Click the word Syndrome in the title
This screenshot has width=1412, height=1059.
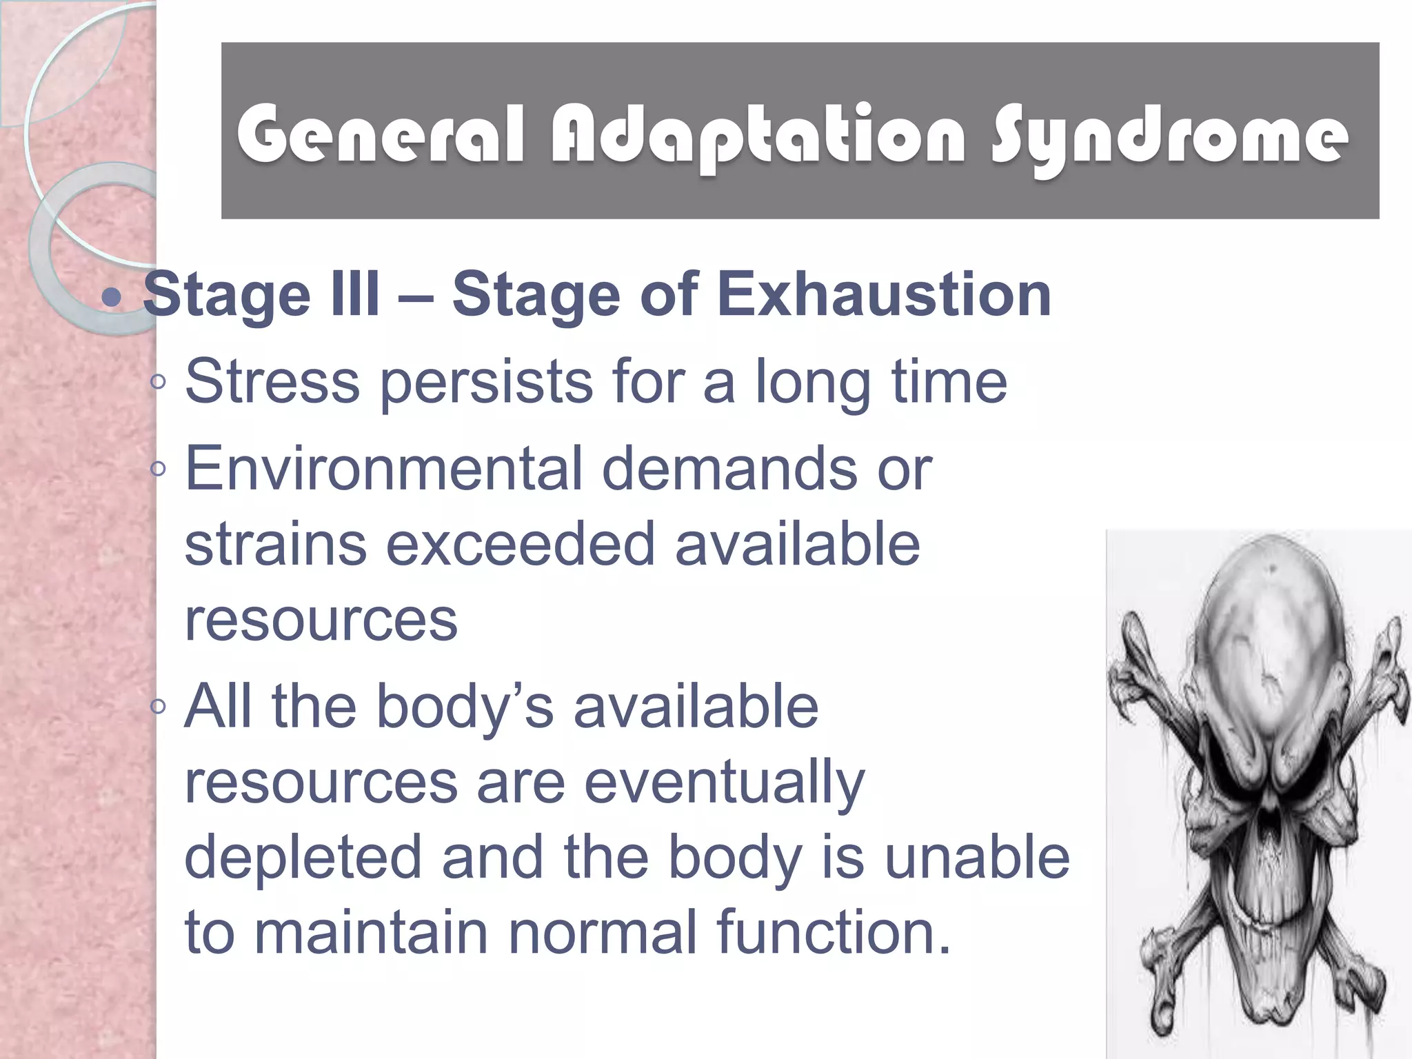(x=1169, y=138)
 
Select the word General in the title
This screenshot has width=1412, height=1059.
(x=381, y=134)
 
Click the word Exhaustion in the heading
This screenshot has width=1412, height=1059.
(x=884, y=294)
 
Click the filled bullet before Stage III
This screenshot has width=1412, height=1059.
(x=111, y=298)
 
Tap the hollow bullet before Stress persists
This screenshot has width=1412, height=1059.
(x=158, y=381)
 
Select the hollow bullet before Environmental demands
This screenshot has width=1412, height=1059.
(x=158, y=469)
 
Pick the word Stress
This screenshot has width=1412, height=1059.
(x=272, y=381)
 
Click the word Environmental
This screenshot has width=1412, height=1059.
(x=383, y=469)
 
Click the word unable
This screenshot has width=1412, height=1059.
(x=977, y=857)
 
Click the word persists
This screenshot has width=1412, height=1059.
(x=485, y=383)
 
